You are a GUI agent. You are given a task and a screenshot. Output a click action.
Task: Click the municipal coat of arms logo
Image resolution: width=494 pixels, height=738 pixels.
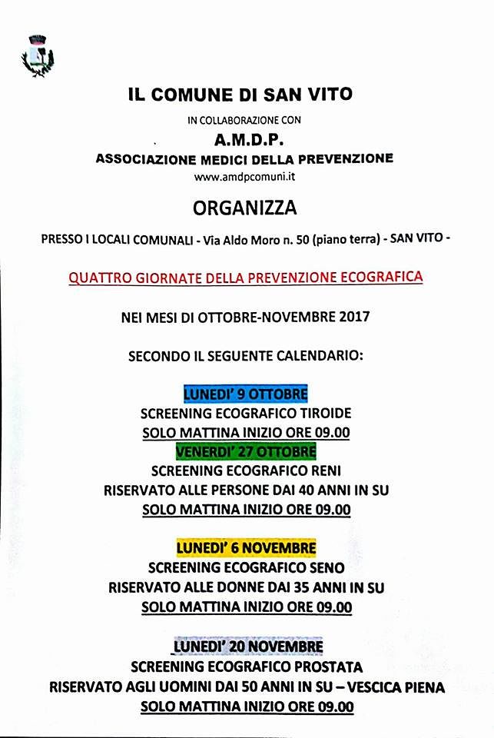point(37,56)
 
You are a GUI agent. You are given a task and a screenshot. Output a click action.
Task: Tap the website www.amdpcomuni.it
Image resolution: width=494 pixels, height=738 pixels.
point(246,177)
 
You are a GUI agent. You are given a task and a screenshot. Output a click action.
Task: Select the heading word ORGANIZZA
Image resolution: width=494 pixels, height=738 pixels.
point(245,208)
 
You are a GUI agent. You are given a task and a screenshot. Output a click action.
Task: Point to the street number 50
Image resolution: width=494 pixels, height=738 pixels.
point(302,240)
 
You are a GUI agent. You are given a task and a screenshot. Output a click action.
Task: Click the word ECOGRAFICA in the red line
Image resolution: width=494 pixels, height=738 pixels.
point(381,278)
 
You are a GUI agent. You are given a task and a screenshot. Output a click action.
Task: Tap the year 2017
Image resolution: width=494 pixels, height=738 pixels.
point(353,317)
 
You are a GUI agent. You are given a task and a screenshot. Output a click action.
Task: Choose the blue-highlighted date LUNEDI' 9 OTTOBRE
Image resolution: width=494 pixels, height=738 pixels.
point(245,394)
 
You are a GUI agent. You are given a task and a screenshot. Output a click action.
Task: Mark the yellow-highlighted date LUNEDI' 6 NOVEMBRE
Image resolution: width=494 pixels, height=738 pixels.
point(246,548)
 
